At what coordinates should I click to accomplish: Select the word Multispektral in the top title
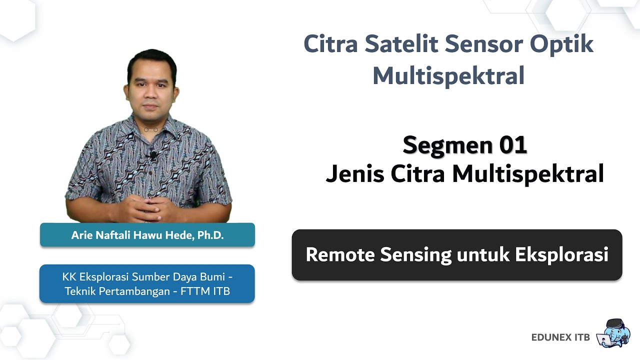coord(448,76)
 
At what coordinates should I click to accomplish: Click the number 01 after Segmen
coord(512,145)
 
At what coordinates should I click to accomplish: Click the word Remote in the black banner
coord(340,254)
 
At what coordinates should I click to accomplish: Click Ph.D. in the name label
coord(210,235)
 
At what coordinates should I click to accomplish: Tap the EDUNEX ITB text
coord(560,337)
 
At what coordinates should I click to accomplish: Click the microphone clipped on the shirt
coord(152,155)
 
